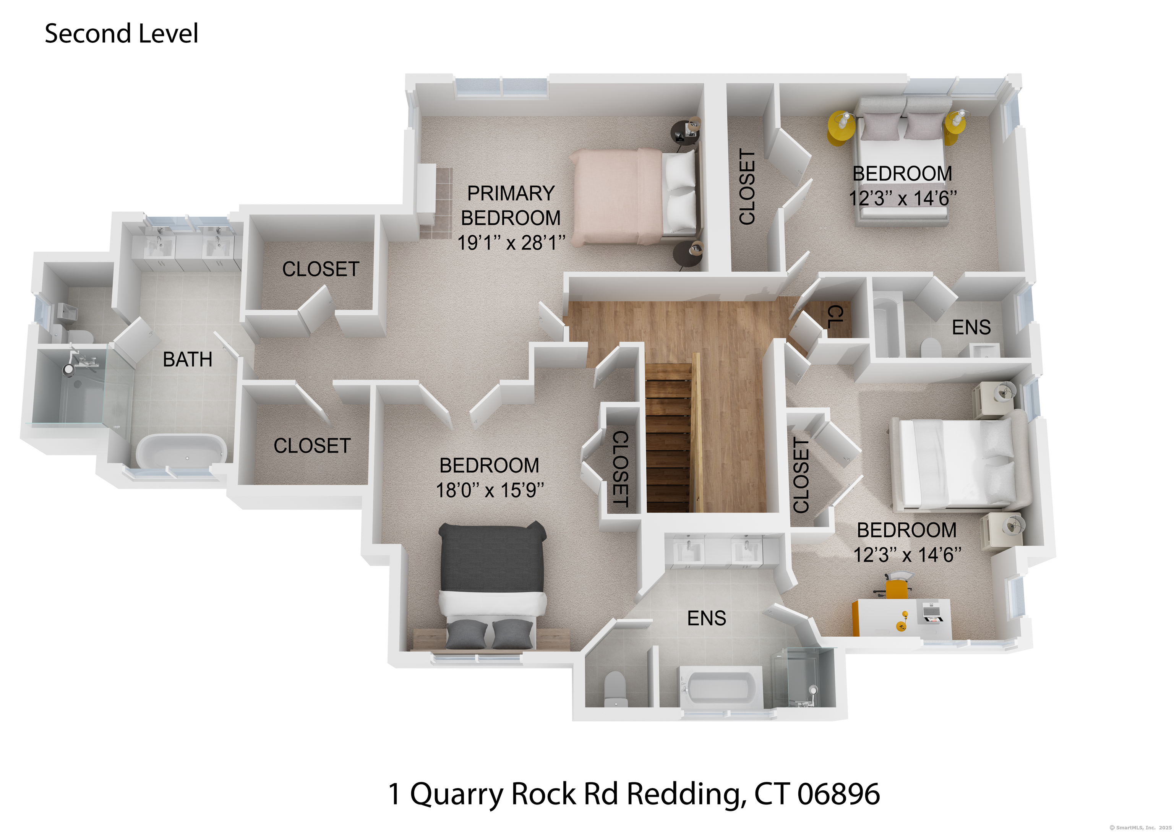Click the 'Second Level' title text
point(122,34)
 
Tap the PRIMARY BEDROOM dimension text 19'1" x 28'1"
point(511,242)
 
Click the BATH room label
point(188,360)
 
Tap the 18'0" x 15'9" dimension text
point(490,490)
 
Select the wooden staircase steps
point(667,438)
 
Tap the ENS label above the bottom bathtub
point(706,618)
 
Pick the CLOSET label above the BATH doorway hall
point(321,269)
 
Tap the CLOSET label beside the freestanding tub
point(312,446)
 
